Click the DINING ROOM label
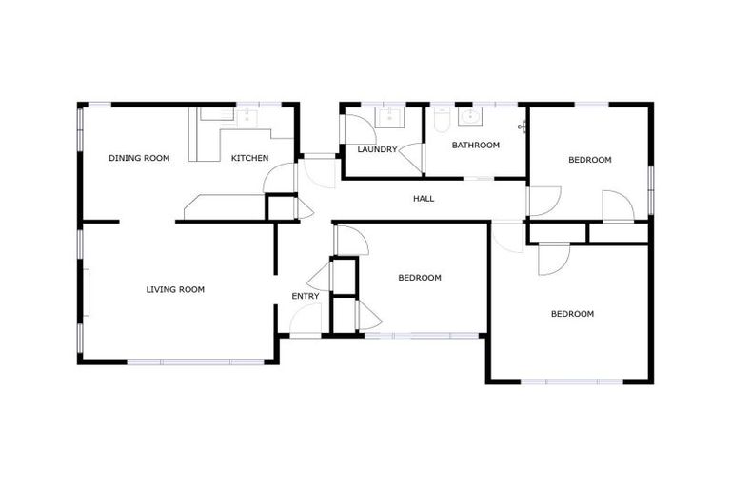pos(139,158)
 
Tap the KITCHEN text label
pos(249,158)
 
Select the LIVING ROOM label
pos(175,289)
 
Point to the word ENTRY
pos(305,296)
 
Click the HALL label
pos(424,199)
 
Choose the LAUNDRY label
pos(377,149)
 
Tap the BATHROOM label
pos(475,146)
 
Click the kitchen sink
pos(246,117)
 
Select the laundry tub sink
pos(387,117)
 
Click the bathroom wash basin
pos(469,117)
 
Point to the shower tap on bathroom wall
pos(522,127)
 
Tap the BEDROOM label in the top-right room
pos(589,160)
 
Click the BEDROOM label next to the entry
pos(419,278)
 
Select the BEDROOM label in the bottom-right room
pos(572,314)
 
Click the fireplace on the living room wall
pos(87,291)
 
